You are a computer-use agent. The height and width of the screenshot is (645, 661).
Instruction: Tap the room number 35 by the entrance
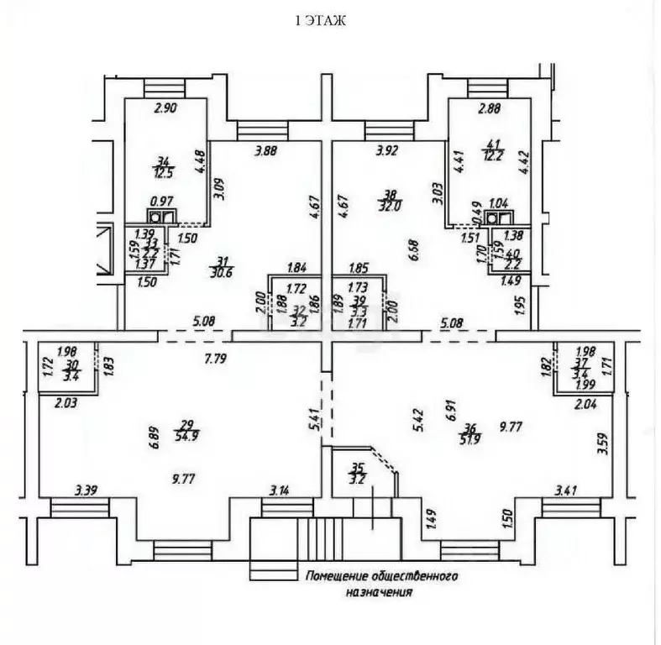click(x=357, y=469)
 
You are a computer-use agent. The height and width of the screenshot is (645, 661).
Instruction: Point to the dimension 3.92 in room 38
click(x=387, y=151)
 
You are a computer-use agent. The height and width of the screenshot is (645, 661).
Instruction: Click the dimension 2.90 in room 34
click(x=165, y=108)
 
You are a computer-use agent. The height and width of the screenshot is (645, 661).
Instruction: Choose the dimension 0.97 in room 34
click(x=160, y=202)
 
